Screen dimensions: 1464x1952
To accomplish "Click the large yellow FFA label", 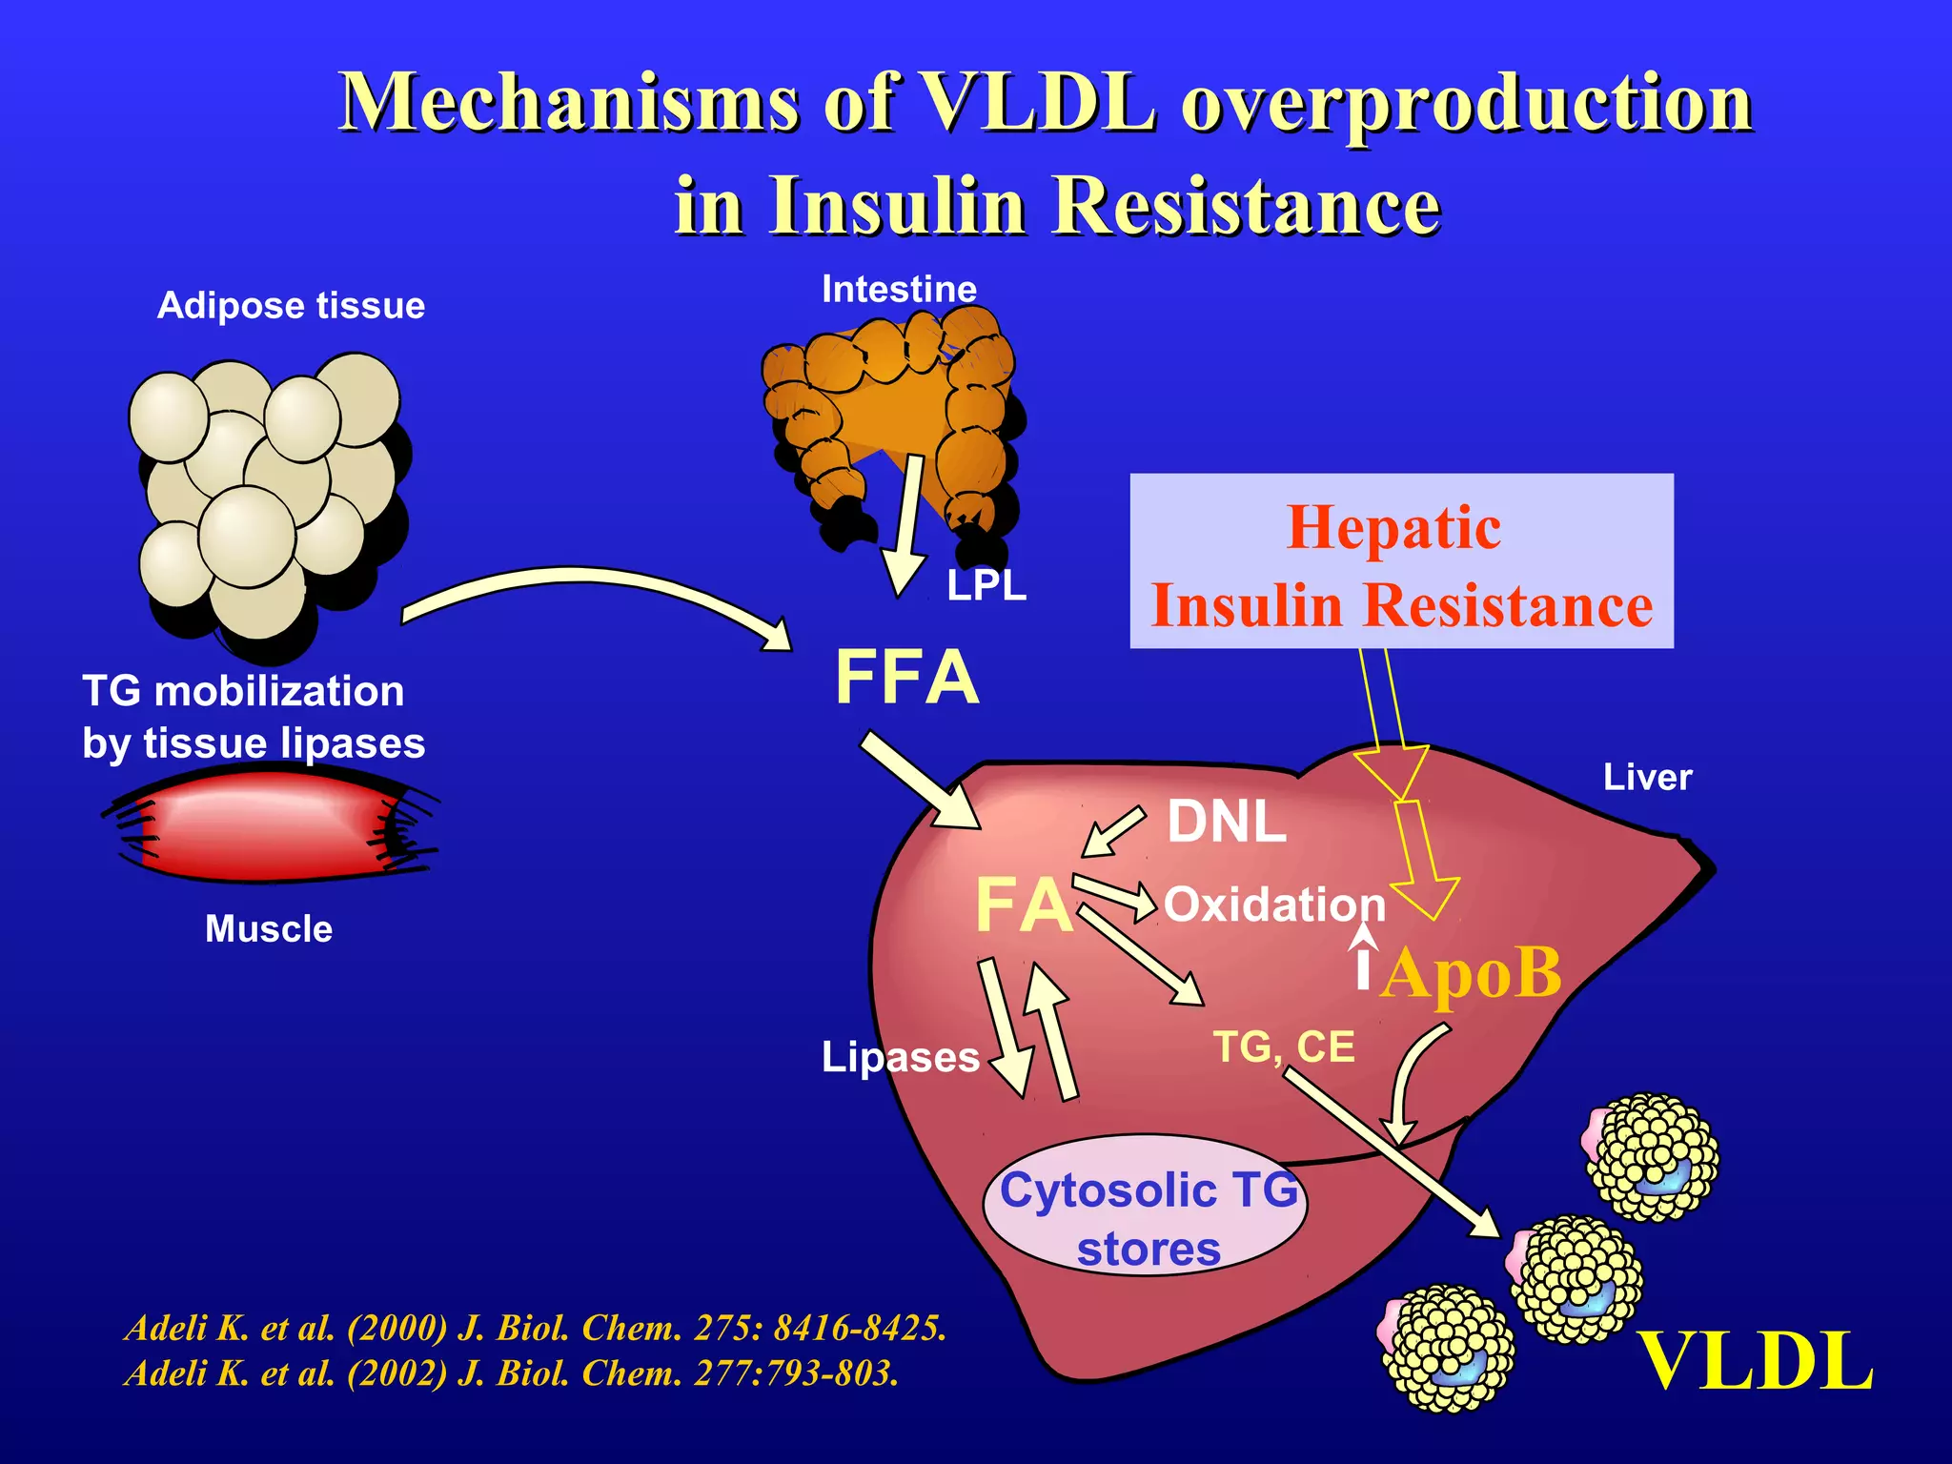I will pyautogui.click(x=906, y=678).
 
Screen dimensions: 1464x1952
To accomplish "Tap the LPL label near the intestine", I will pyautogui.click(x=986, y=585).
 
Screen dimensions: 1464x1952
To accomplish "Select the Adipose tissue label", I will pyautogui.click(x=291, y=306).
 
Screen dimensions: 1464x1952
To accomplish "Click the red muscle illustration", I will pyautogui.click(x=267, y=825).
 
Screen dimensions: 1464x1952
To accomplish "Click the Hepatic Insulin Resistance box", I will pyautogui.click(x=1401, y=562).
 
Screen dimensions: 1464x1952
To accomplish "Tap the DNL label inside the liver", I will pyautogui.click(x=1227, y=822).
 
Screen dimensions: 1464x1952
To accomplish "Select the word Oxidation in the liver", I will pyautogui.click(x=1274, y=905).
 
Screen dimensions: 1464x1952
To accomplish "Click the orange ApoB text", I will pyautogui.click(x=1471, y=974).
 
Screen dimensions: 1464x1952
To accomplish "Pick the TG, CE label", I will pyautogui.click(x=1284, y=1047).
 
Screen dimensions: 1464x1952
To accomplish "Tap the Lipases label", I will pyautogui.click(x=900, y=1057).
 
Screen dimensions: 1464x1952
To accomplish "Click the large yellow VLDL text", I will pyautogui.click(x=1754, y=1363).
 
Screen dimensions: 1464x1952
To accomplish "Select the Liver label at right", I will pyautogui.click(x=1647, y=778).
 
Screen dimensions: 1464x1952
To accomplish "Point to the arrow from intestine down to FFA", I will pyautogui.click(x=905, y=524).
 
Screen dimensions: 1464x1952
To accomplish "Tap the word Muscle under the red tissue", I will pyautogui.click(x=269, y=929).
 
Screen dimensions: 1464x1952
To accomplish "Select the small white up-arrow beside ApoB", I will pyautogui.click(x=1365, y=958).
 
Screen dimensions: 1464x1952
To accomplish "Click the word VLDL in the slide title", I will pyautogui.click(x=1039, y=102).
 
